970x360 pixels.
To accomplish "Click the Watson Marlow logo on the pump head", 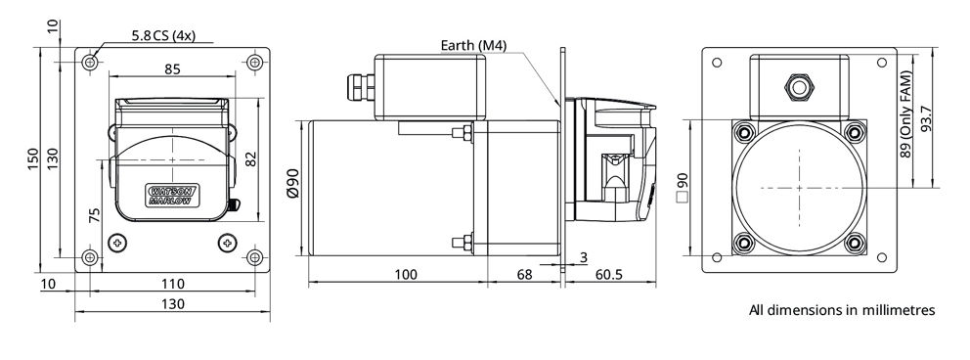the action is coord(172,195).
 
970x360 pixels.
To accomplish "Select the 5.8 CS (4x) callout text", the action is coord(163,36).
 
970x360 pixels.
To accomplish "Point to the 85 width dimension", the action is coord(173,68).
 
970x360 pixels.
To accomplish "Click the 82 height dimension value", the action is coord(250,159).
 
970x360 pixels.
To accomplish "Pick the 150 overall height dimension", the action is coord(33,158).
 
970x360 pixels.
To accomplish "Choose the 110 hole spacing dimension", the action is coord(173,284).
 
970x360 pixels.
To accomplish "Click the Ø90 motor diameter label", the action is coord(293,183).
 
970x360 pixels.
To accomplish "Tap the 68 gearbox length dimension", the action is coord(524,274).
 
